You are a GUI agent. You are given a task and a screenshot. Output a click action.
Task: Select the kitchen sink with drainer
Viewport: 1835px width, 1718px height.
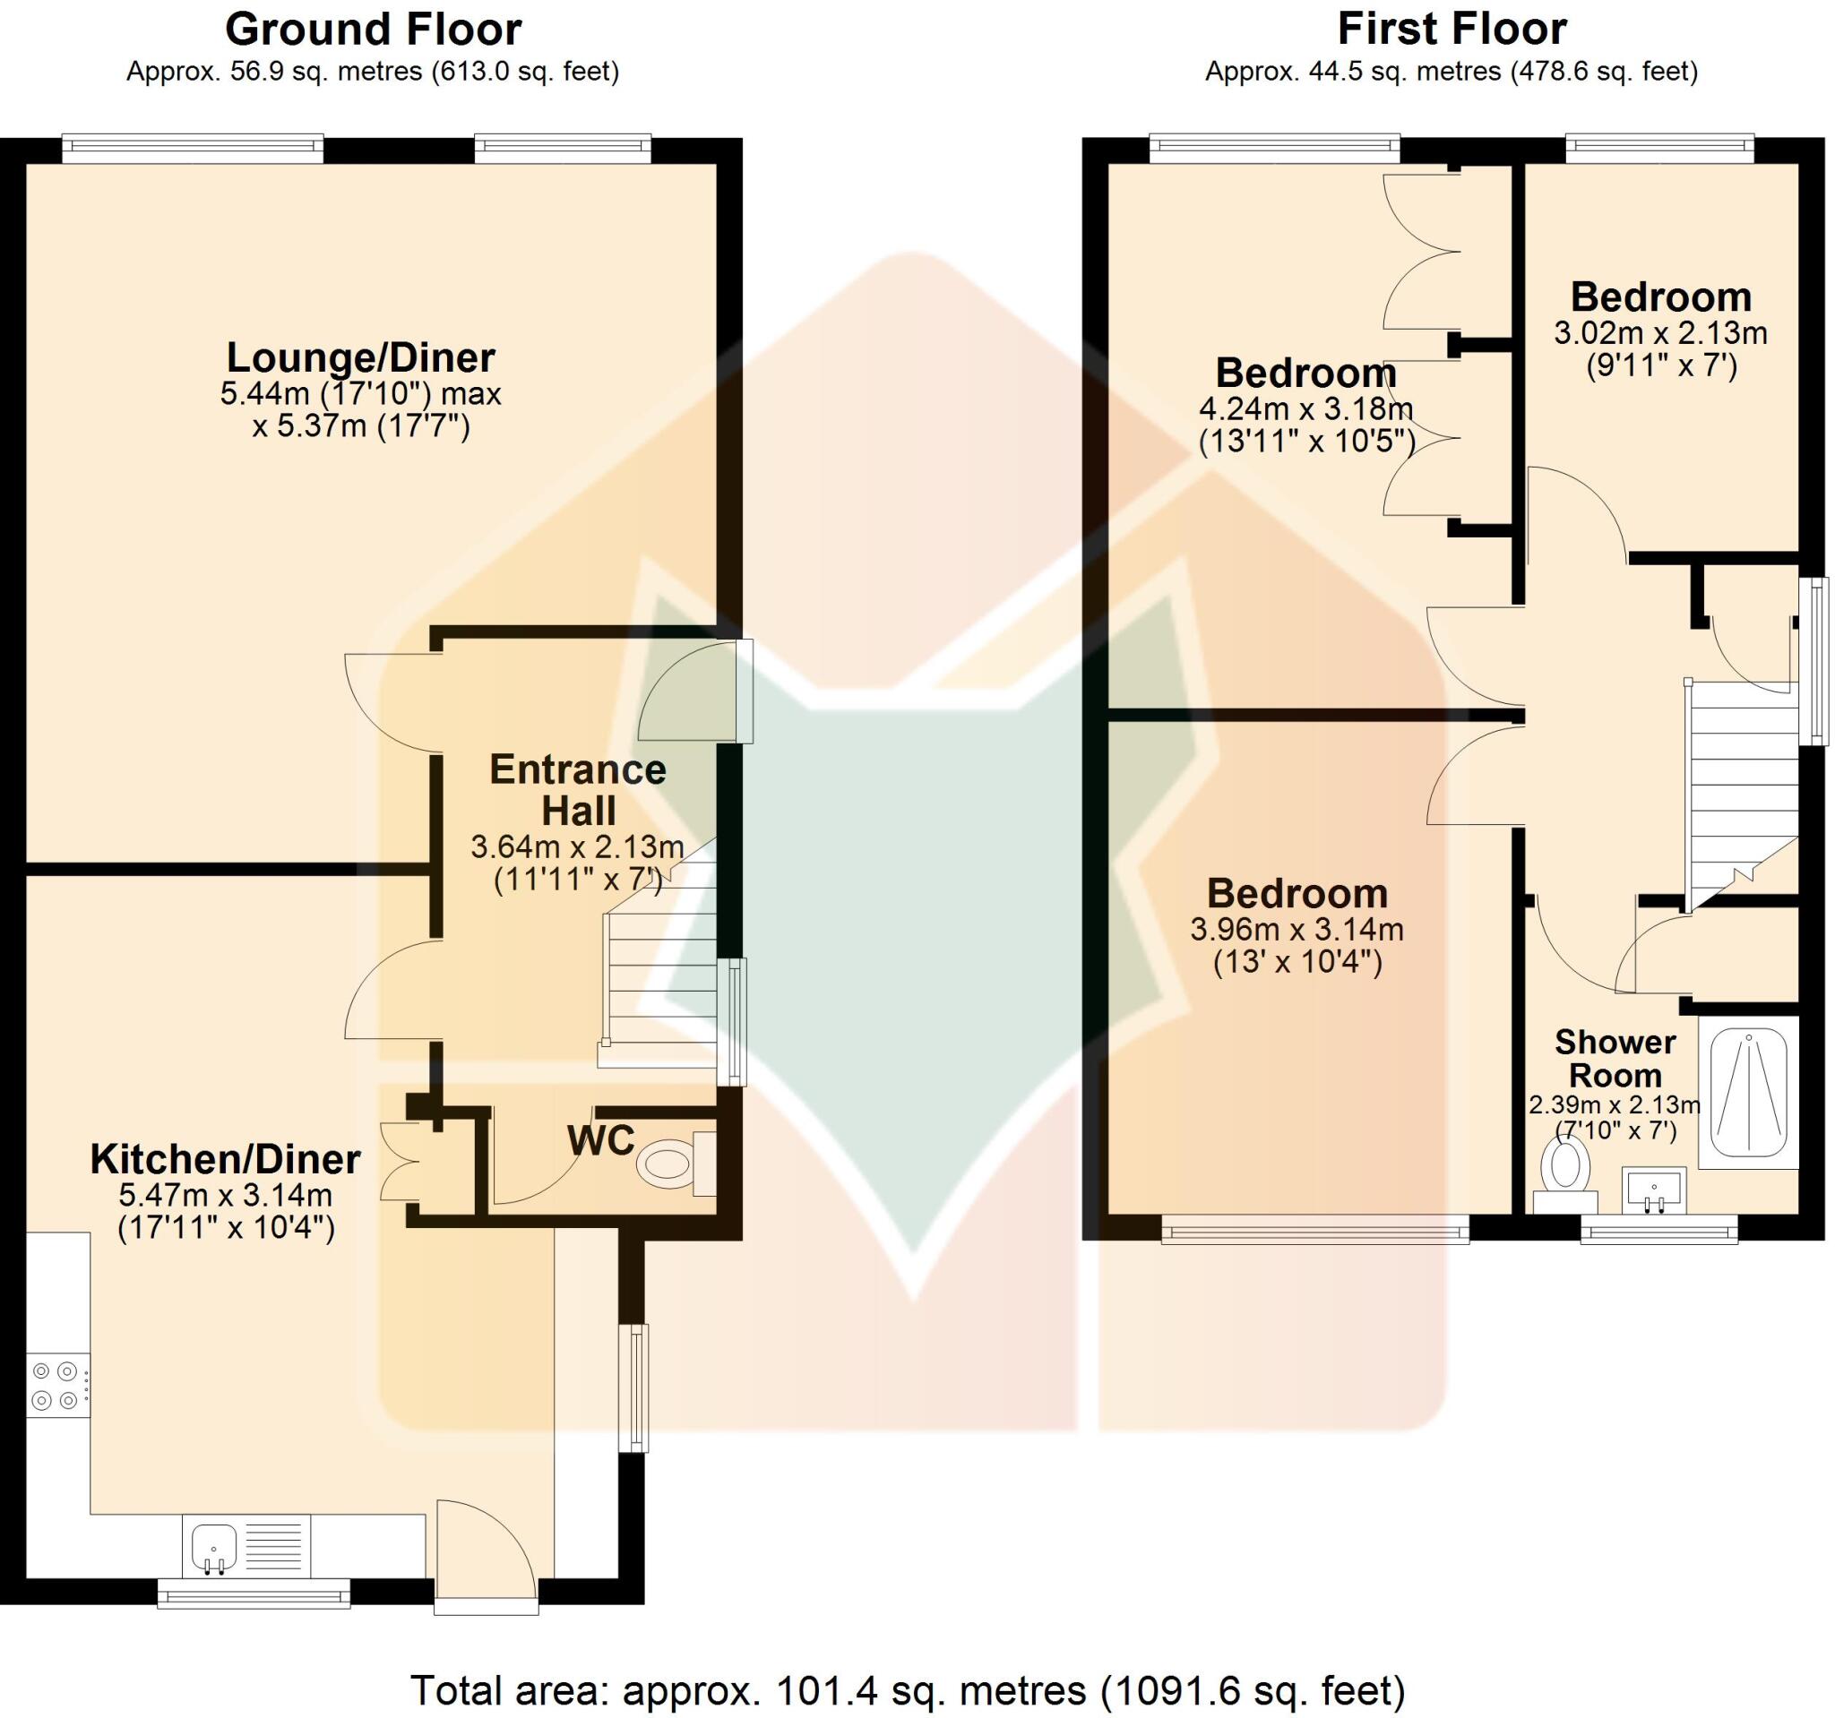tap(246, 1545)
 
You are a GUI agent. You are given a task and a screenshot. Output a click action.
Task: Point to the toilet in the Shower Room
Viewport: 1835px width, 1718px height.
tap(1565, 1173)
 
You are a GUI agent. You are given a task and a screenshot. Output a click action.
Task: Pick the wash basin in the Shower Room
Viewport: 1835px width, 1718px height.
tap(1654, 1190)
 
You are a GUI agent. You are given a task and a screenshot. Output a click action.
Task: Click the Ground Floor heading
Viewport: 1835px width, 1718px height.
tap(373, 30)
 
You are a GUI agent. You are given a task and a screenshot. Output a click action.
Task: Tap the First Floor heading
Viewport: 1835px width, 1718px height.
tap(1451, 30)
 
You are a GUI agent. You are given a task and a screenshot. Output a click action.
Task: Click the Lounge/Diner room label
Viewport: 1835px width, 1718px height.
tap(361, 357)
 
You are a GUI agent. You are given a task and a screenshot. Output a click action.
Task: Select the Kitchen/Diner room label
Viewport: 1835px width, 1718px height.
tap(225, 1160)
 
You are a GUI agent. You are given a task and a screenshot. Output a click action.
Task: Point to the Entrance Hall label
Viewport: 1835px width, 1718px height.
tap(578, 790)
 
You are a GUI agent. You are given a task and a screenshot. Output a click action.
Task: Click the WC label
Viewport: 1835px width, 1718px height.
tap(601, 1140)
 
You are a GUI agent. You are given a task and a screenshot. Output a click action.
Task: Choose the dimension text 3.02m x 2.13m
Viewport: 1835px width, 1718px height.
tap(1660, 333)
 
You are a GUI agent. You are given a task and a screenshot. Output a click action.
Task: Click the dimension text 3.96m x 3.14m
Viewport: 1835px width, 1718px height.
tap(1297, 929)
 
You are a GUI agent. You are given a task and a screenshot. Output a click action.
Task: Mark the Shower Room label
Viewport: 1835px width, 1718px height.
tap(1615, 1058)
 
